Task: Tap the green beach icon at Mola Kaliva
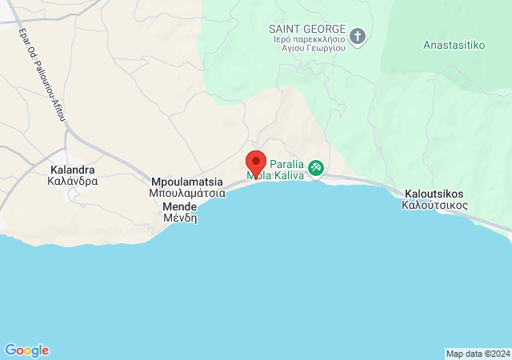(x=316, y=167)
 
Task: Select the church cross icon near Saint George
(x=358, y=36)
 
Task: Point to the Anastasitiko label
(x=454, y=45)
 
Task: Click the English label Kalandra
(x=72, y=170)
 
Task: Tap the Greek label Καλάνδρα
(x=72, y=182)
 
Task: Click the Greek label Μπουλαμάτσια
(x=186, y=193)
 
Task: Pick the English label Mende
(x=180, y=206)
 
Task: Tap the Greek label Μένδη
(x=180, y=218)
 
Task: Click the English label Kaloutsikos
(x=434, y=194)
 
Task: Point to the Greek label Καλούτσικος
(x=434, y=205)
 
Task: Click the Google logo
(x=26, y=350)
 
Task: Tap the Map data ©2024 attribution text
(x=478, y=354)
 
